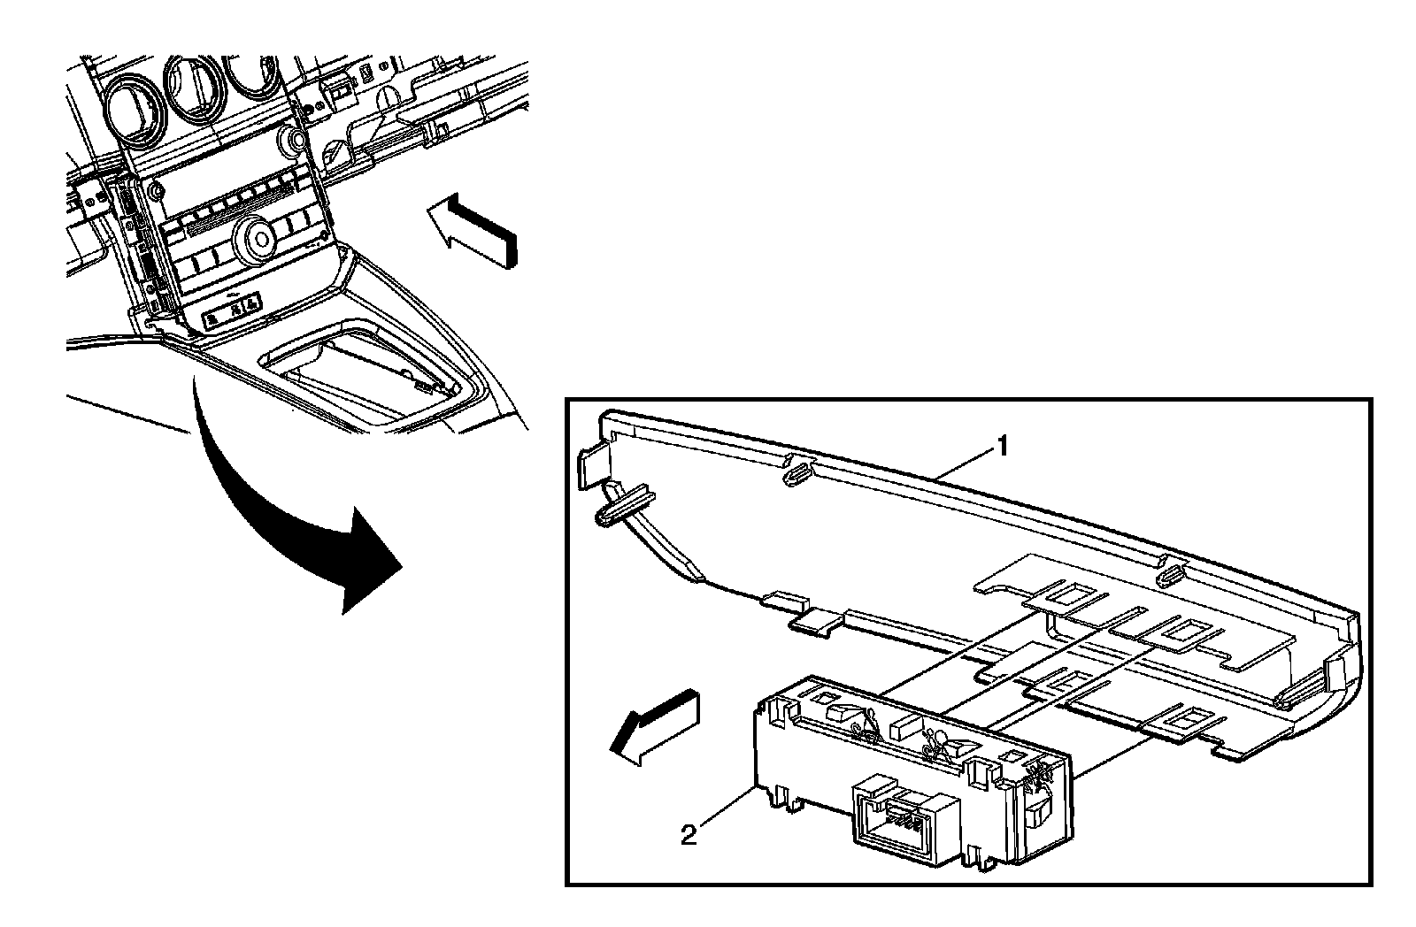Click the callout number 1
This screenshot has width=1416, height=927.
[x=1003, y=446]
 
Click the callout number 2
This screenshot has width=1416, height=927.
[x=689, y=834]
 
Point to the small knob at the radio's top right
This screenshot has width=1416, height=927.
[x=289, y=140]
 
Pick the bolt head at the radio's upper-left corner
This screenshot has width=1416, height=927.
[x=156, y=189]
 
